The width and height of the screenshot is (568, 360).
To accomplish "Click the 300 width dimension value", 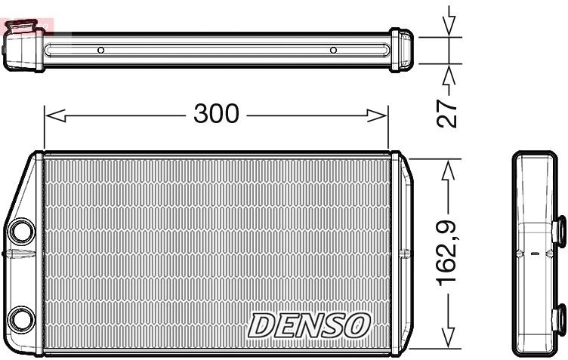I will coord(216,114).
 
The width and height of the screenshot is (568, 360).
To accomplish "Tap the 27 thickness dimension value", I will coord(449,110).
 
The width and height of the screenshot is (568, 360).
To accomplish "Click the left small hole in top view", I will coord(101,51).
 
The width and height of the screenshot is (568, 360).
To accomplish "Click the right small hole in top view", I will coord(333,51).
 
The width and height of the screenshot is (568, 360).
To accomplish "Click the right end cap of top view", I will coord(402,51).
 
